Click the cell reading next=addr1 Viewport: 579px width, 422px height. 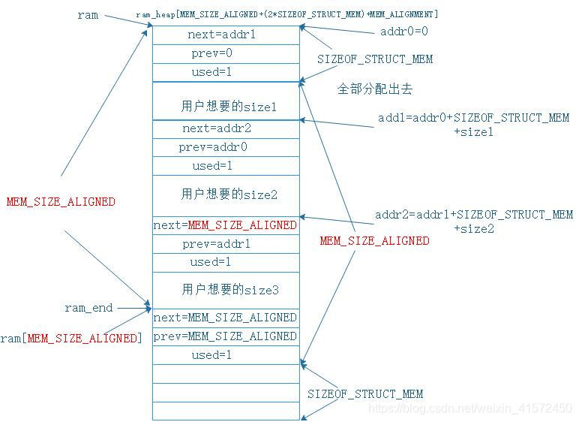pyautogui.click(x=225, y=35)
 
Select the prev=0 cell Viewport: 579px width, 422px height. pyautogui.click(x=225, y=53)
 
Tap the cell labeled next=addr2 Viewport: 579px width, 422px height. pyautogui.click(x=225, y=128)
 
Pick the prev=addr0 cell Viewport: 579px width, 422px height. pyautogui.click(x=225, y=147)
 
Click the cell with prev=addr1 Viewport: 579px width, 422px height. pyautogui.click(x=225, y=244)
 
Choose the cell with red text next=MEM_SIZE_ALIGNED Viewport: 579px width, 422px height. pyautogui.click(x=225, y=225)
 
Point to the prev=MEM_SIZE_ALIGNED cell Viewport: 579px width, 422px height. pyautogui.click(x=225, y=336)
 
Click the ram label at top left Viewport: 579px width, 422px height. pyautogui.click(x=88, y=15)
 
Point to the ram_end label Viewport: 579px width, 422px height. pyautogui.click(x=88, y=308)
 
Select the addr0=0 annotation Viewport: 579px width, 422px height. pyautogui.click(x=405, y=33)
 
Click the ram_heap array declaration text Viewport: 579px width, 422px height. pyautogui.click(x=287, y=15)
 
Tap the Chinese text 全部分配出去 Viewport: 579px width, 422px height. pyautogui.click(x=375, y=89)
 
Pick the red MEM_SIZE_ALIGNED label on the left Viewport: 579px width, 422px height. pyautogui.click(x=61, y=201)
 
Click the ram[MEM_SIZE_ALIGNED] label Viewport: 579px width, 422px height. pyautogui.click(x=70, y=339)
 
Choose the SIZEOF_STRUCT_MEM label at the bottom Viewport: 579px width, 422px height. pyautogui.click(x=365, y=393)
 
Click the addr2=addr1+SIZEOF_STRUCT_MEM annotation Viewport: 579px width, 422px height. pyautogui.click(x=474, y=215)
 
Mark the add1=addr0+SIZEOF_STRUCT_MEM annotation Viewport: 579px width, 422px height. pyautogui.click(x=473, y=118)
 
